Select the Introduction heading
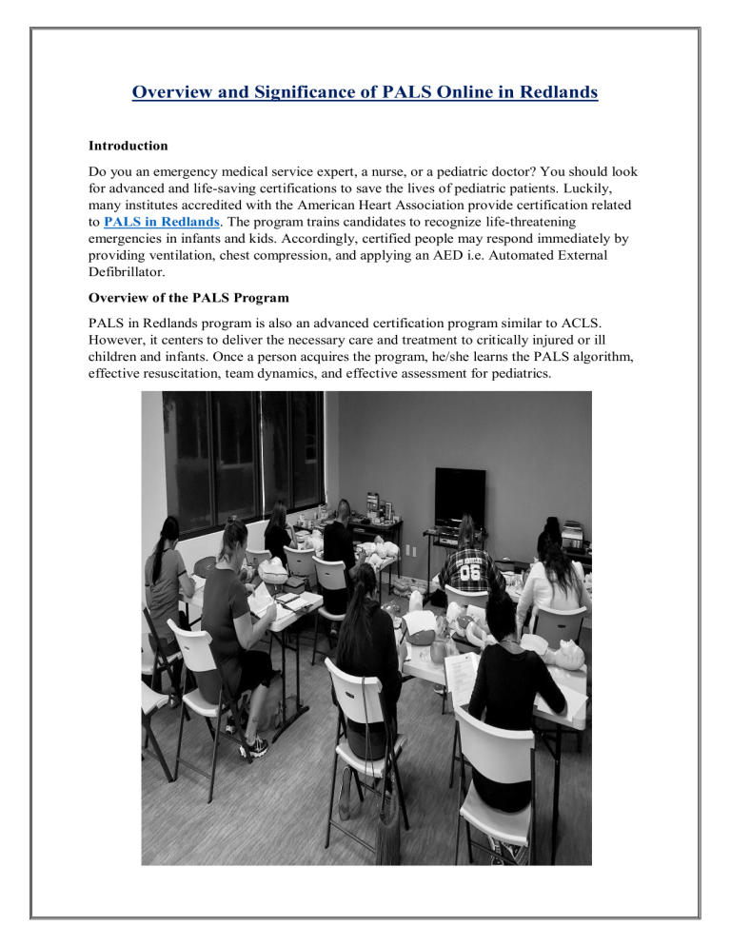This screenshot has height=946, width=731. point(128,147)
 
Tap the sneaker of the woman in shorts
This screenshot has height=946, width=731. point(255,747)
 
